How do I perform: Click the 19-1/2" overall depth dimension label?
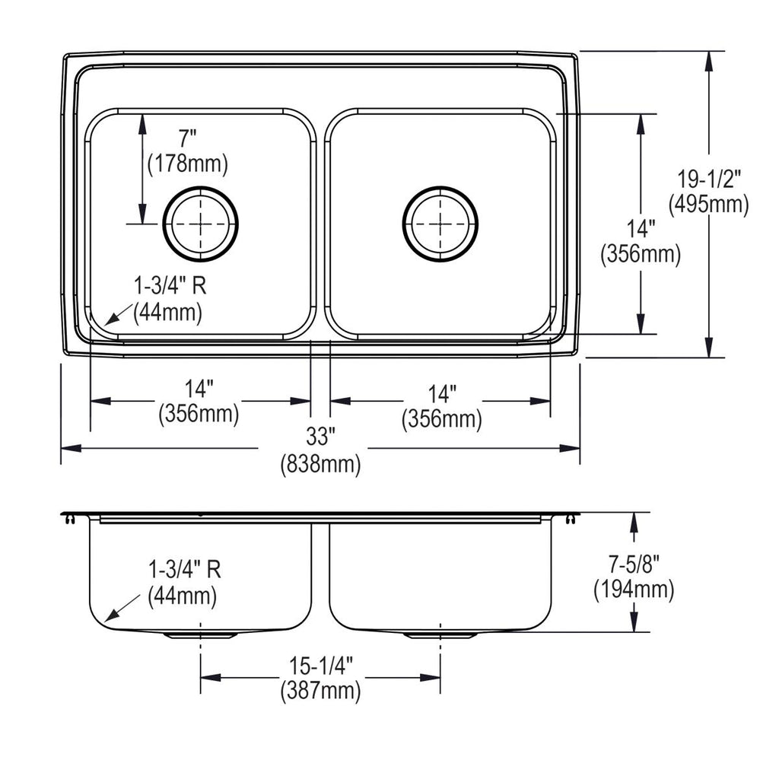(709, 179)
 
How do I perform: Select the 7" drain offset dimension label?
(188, 138)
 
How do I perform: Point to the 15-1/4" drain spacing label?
(321, 666)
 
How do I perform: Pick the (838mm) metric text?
(320, 465)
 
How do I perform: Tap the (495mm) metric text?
(709, 204)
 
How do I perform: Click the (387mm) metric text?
(321, 691)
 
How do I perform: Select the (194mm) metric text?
(634, 590)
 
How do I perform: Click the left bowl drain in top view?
(201, 224)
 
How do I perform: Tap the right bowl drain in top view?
(440, 224)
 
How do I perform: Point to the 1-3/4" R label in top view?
(170, 286)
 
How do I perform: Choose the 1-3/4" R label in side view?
(185, 569)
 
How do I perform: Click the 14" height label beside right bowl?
(641, 229)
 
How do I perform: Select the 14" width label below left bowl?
(199, 389)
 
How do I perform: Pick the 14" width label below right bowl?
(442, 394)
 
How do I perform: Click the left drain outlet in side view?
(200, 635)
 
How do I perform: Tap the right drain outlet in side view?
(440, 635)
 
